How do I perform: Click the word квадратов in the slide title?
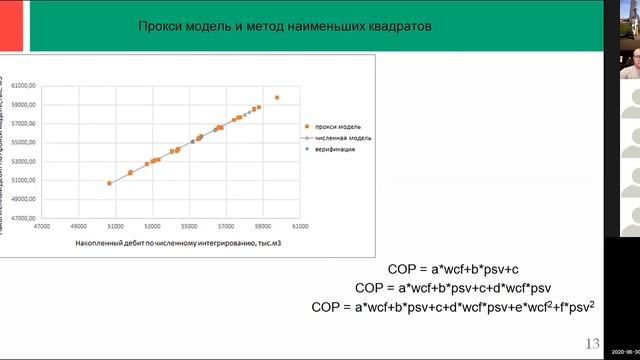click(397, 28)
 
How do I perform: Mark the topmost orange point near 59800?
click(277, 98)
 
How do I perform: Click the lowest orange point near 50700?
click(110, 183)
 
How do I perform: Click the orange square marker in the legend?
click(309, 126)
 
